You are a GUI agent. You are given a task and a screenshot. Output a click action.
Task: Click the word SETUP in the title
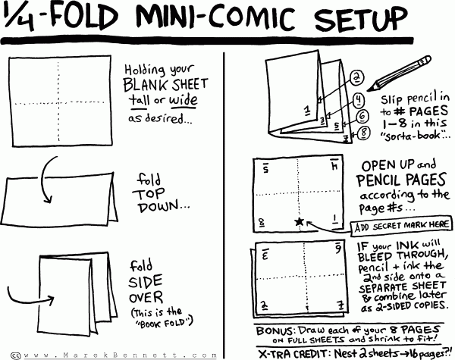[x=361, y=18]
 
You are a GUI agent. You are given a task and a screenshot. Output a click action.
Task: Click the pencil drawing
[x=399, y=74]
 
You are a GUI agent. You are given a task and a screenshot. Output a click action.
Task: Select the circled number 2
[x=357, y=77]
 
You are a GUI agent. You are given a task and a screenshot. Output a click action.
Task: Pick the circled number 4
[x=359, y=99]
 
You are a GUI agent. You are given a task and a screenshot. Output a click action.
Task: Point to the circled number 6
[x=362, y=116]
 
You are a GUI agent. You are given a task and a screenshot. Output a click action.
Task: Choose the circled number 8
[x=363, y=133]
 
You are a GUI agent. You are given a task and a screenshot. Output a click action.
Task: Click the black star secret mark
[x=300, y=222]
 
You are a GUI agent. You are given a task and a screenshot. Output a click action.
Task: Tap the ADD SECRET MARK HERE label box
[x=401, y=225]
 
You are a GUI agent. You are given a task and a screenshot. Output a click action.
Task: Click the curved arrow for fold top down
[x=42, y=180]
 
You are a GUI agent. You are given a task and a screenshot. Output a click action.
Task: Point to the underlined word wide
[x=184, y=100]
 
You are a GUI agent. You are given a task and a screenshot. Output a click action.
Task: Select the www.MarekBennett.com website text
[x=120, y=355]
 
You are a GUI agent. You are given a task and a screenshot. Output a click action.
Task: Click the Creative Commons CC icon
[x=16, y=355]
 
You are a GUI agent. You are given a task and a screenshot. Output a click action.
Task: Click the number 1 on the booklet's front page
[x=307, y=111]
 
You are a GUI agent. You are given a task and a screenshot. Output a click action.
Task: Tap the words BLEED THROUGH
[x=401, y=256]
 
